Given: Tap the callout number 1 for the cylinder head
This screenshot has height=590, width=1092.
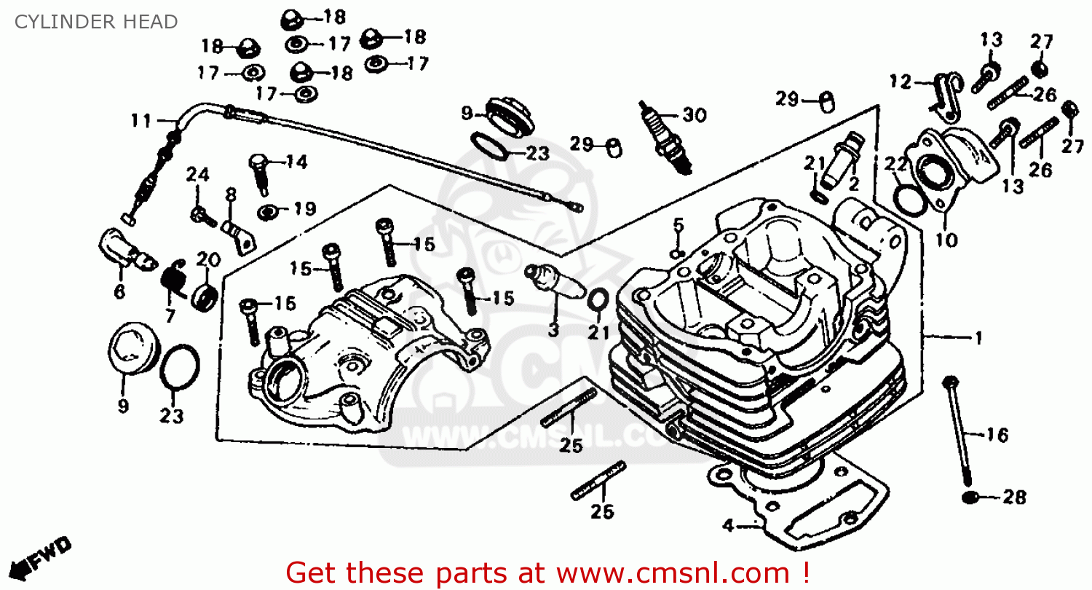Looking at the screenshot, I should coord(978,338).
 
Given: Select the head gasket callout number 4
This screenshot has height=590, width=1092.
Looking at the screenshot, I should coord(727,524).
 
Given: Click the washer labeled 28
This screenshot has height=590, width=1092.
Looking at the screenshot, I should coord(970,497).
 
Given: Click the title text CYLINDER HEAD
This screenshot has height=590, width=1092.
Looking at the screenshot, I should coord(96,22).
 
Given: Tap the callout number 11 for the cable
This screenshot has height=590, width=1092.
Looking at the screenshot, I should coord(141,120).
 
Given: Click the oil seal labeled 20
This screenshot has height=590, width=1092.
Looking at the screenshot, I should coord(205,297).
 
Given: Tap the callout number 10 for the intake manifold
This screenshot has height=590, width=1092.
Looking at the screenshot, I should coord(946,240).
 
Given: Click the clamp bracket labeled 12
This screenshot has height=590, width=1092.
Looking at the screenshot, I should coord(946,93).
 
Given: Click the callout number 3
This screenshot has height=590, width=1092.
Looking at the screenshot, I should coord(553,330).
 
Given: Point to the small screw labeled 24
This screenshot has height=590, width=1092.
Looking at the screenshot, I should coord(200,214).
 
